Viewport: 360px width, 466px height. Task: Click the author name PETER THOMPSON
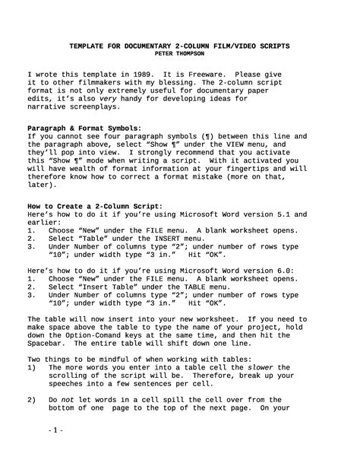179,54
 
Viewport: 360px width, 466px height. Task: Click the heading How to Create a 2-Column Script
94,206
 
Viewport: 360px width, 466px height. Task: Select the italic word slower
252,369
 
